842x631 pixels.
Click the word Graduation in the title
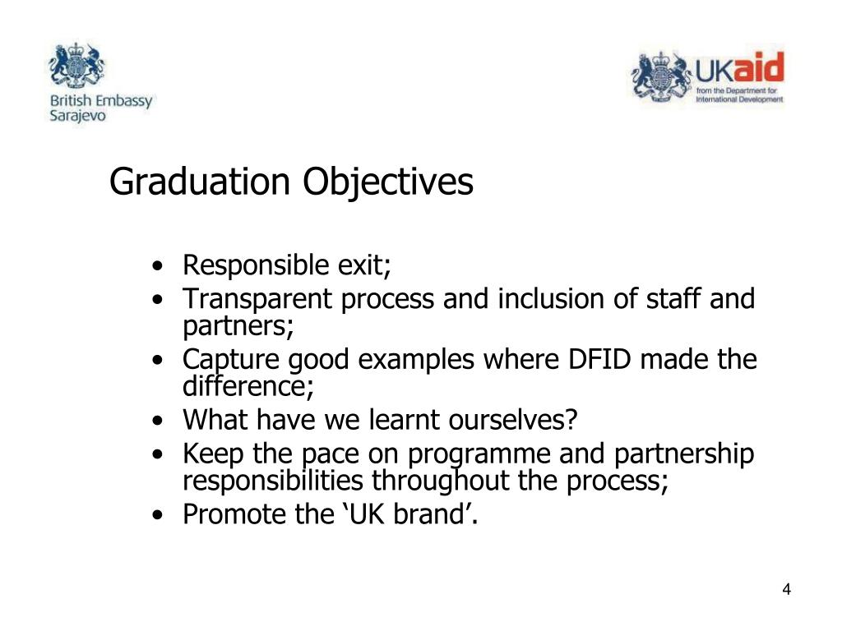(201, 182)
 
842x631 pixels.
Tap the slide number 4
(787, 590)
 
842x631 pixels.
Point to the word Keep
(210, 454)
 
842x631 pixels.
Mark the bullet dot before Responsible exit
(156, 267)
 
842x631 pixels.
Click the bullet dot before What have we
(156, 421)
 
